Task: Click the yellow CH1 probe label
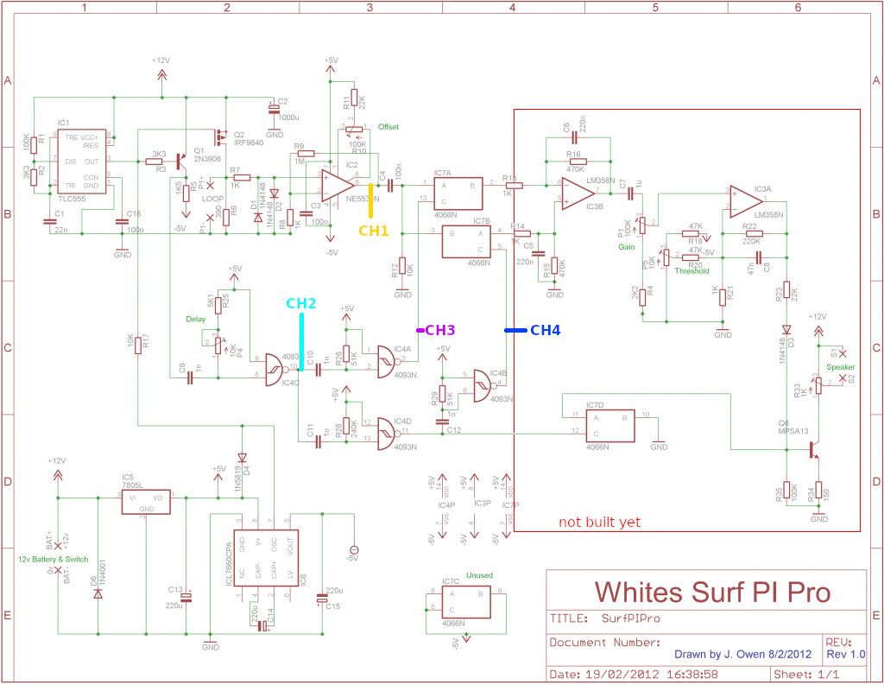[x=374, y=231]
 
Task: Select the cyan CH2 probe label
[x=302, y=303]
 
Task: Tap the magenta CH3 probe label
[x=439, y=330]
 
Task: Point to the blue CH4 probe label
[x=545, y=330]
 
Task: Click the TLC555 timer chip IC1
[x=81, y=162]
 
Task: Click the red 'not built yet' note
[x=599, y=523]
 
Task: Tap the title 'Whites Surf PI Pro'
[x=712, y=592]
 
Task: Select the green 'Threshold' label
[x=692, y=270]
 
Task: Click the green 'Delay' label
[x=196, y=318]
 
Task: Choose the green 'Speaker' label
[x=841, y=366]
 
